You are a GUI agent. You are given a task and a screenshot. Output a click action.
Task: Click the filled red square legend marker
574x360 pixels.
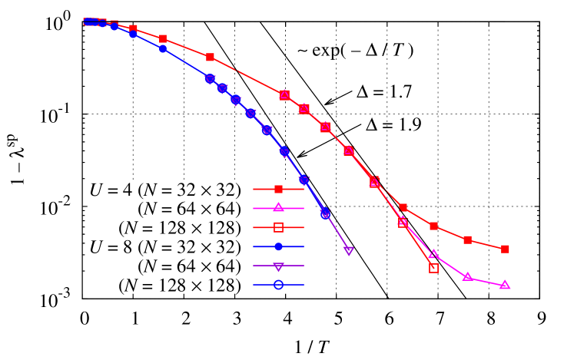coord(278,189)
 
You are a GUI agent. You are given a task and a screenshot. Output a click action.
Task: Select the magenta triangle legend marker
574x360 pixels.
coord(278,207)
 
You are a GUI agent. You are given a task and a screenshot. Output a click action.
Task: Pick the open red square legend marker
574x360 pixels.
coord(278,227)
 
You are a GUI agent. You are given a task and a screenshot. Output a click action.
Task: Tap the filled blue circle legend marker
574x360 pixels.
coord(278,246)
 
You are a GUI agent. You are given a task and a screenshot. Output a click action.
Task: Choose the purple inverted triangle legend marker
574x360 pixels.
coord(278,266)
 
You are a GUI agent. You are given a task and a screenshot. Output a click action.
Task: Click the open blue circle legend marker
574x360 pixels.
coord(278,285)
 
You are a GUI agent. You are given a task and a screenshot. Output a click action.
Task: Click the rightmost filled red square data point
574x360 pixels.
coord(505,249)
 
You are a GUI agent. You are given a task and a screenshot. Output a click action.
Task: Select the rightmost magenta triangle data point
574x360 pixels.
coord(505,285)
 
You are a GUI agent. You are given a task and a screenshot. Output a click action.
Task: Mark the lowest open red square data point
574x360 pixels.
coord(433,268)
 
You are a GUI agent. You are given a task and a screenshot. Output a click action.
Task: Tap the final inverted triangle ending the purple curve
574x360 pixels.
coord(349,251)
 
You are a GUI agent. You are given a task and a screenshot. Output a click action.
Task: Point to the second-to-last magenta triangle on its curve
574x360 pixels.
coord(467,276)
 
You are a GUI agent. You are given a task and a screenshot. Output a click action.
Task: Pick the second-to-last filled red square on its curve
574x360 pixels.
coord(467,239)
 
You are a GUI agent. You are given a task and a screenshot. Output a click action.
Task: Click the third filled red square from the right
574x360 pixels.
coord(433,226)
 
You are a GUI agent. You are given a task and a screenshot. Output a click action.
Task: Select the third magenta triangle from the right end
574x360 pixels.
coord(433,254)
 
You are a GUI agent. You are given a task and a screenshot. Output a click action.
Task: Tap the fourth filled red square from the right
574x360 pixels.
coord(403,207)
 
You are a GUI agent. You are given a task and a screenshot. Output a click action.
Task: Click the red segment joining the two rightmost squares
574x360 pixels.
coord(486,244)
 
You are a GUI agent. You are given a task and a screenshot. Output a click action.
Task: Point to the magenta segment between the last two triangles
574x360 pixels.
coord(486,281)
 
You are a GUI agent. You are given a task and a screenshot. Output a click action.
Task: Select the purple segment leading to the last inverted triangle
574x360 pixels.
coord(337,233)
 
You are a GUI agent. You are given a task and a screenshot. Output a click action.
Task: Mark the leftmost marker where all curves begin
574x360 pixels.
coord(90,21)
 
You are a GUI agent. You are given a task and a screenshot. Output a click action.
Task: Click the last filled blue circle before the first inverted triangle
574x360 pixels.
coord(163,48)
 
